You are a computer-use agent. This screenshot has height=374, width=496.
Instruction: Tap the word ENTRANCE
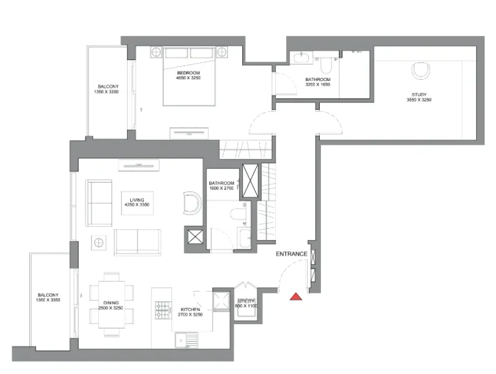(x=291, y=254)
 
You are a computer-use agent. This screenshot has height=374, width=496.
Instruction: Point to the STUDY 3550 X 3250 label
(x=419, y=97)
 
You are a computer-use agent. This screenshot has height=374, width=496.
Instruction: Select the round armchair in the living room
(x=192, y=204)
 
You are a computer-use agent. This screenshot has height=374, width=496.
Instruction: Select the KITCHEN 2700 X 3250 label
(x=189, y=312)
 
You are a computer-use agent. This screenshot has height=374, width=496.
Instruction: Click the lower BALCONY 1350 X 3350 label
(x=48, y=297)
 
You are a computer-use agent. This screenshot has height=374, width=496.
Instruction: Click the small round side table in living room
(x=98, y=241)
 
